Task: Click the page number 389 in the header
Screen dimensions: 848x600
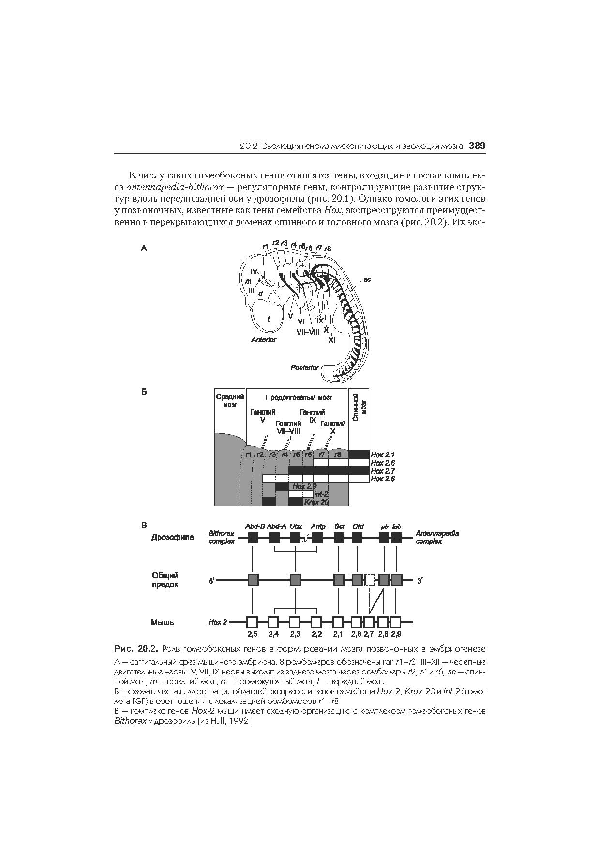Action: pos(477,146)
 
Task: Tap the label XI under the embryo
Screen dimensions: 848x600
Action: pos(331,340)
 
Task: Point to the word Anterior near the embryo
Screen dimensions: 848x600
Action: pos(264,340)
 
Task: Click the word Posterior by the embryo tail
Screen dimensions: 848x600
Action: pos(304,368)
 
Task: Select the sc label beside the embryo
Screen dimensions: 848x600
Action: pos(367,279)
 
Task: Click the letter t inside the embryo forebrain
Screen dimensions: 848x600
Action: pos(268,319)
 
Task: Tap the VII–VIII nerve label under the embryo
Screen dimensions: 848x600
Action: pos(308,332)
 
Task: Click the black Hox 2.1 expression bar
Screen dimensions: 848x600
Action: pos(359,455)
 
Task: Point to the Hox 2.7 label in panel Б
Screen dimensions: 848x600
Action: pos(383,471)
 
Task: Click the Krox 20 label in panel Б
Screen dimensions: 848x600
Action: pos(316,502)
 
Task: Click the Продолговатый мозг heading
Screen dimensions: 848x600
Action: pos(299,397)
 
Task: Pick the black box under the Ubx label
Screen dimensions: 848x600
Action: pos(296,538)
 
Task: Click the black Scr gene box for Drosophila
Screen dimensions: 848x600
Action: pos(339,538)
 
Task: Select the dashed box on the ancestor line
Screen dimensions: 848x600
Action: pos(370,580)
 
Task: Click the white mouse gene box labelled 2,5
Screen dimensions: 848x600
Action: pos(253,622)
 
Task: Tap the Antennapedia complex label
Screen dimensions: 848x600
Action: pos(437,538)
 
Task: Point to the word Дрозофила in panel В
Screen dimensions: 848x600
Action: pos(173,538)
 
